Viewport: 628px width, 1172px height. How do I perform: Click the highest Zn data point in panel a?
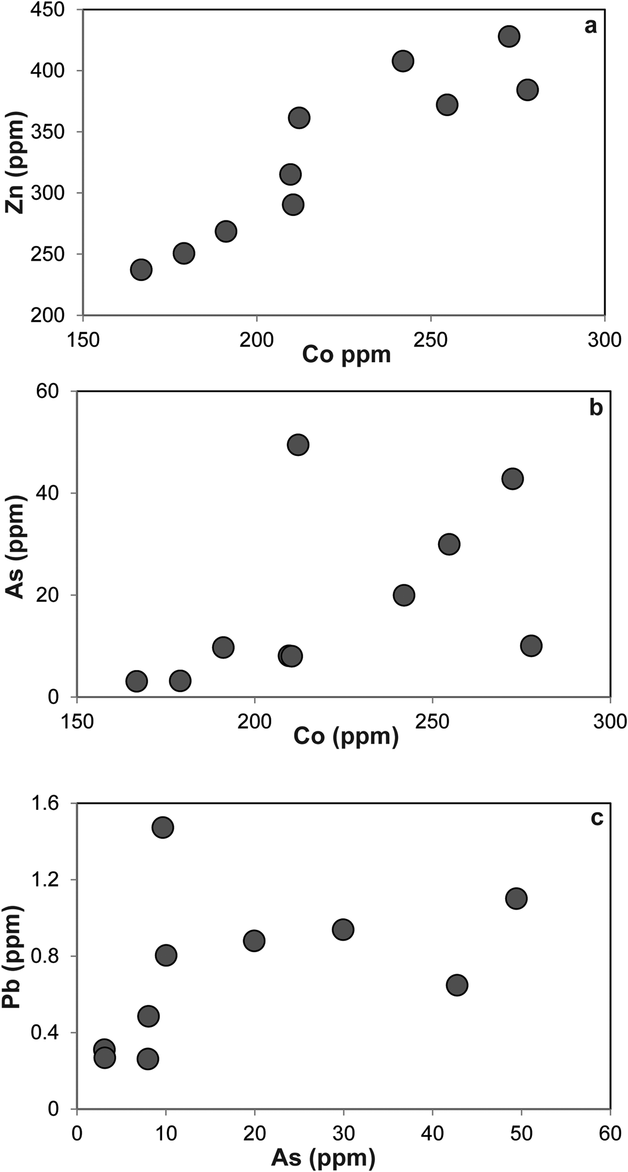(509, 36)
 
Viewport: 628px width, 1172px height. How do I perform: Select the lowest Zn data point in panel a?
(141, 269)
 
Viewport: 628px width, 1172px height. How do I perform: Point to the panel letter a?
(590, 26)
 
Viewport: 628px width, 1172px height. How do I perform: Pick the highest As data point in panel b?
(298, 444)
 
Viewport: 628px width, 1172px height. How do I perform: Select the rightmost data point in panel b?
(531, 646)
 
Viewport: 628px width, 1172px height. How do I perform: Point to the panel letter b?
(596, 408)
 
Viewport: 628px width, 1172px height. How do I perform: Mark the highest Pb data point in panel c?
(163, 827)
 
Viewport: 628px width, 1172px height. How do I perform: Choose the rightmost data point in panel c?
(516, 898)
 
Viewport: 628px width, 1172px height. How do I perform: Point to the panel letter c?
(597, 818)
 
